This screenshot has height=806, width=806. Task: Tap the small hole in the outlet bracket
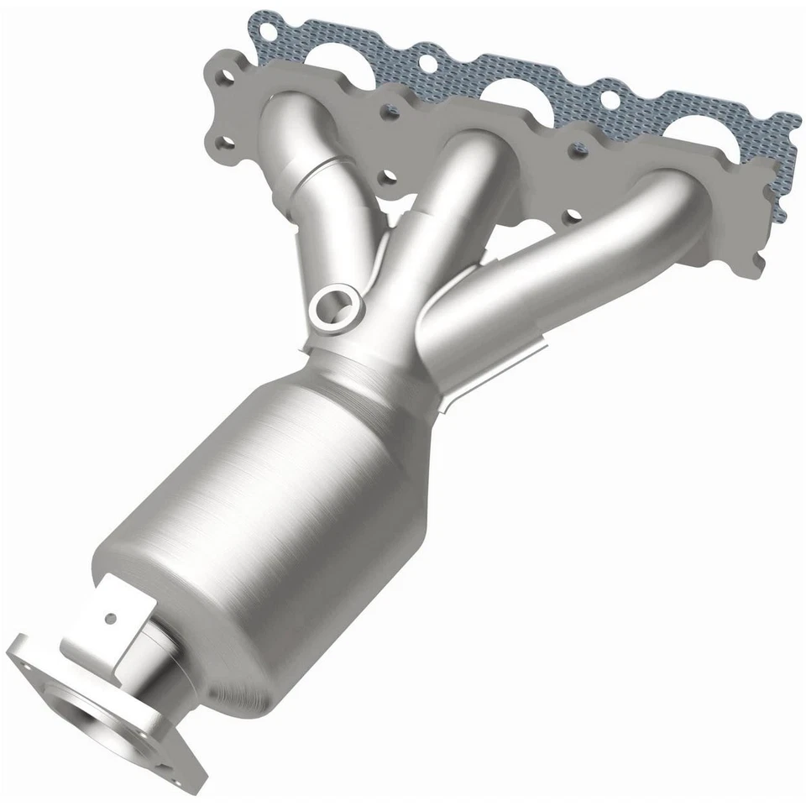coord(109,619)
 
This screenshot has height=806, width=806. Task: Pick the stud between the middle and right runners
coord(576,148)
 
